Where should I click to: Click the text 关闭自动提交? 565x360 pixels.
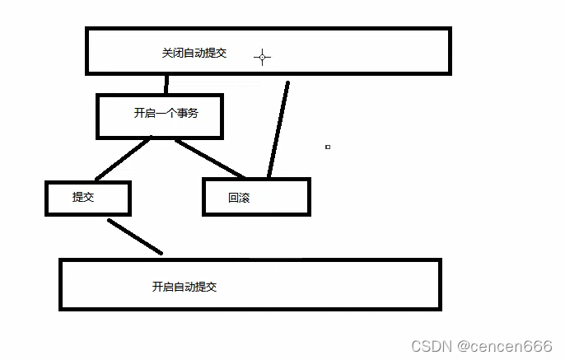(x=194, y=53)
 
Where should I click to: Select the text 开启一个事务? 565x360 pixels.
(x=166, y=113)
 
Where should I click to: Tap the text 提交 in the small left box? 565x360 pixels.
(x=83, y=197)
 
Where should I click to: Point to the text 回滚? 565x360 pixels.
(x=240, y=199)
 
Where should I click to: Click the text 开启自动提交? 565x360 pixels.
(x=184, y=287)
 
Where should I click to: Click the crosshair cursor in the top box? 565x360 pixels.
(x=263, y=57)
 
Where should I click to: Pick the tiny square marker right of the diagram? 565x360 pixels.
(x=328, y=147)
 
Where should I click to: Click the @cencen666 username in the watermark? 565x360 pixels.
(x=505, y=345)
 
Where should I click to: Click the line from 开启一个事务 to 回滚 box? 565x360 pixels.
(x=210, y=158)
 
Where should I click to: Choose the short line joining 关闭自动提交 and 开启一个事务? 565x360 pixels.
(x=166, y=84)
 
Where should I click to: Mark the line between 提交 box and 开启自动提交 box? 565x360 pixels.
(x=134, y=236)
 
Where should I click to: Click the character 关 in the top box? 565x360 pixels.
(x=167, y=53)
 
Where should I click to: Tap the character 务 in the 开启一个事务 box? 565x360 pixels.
(x=193, y=113)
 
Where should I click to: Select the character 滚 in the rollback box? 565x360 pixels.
(x=245, y=199)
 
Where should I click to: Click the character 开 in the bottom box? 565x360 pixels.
(x=157, y=287)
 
